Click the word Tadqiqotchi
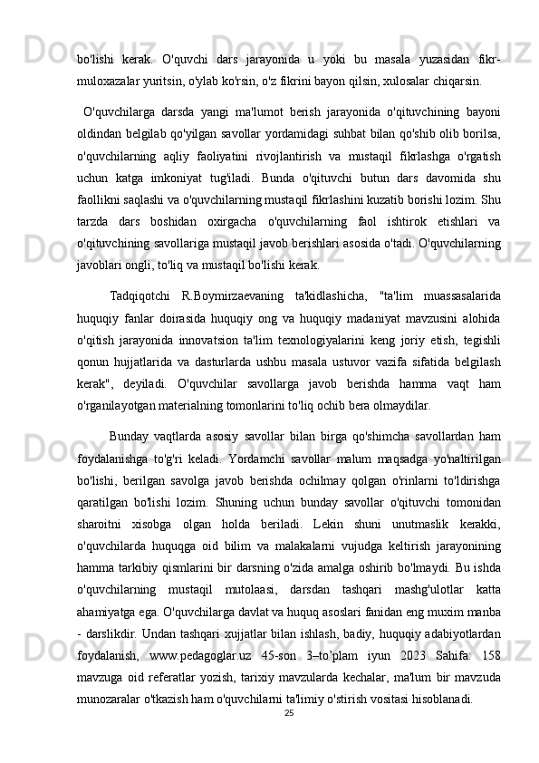(138, 294)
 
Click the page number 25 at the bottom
(290, 714)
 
